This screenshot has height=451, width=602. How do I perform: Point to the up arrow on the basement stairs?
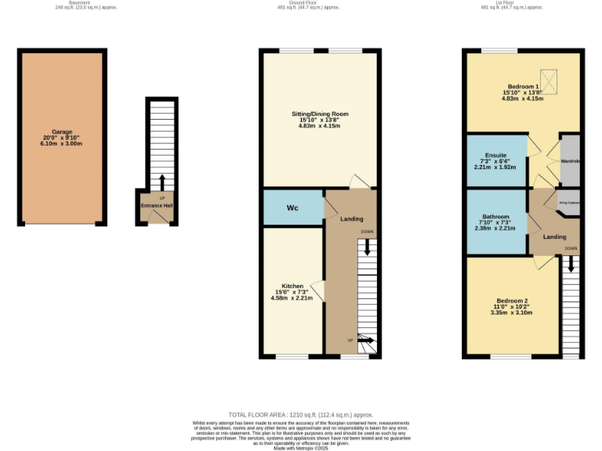tap(162, 182)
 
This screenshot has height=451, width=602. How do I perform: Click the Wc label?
tap(292, 208)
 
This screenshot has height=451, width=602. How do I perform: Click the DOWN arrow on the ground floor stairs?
tap(367, 247)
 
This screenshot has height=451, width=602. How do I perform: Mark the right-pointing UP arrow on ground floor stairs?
tap(366, 340)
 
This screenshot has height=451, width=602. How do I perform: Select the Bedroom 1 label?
tap(523, 86)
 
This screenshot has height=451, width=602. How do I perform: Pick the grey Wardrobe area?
tap(570, 161)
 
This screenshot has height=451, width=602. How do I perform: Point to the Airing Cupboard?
tap(569, 202)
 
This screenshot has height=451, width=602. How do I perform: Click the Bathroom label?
tap(496, 217)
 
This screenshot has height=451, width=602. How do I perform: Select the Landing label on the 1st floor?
tap(555, 236)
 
